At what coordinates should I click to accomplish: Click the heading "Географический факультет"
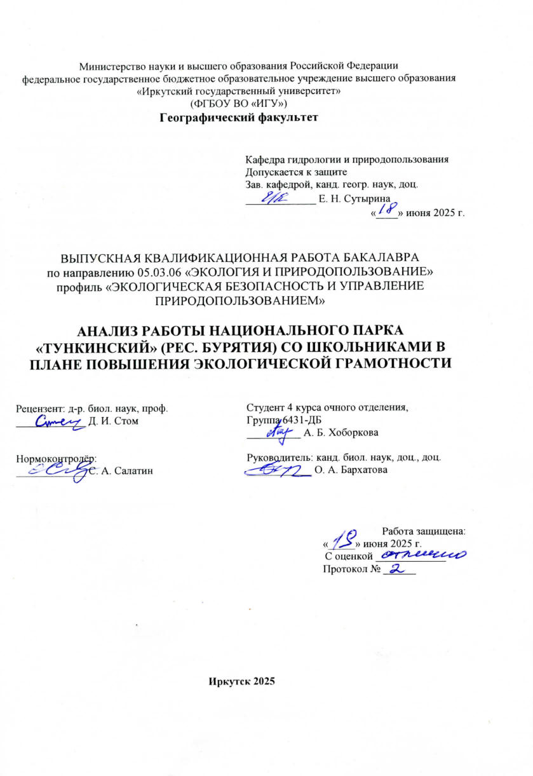[x=238, y=117]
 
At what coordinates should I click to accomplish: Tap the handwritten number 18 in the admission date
[x=386, y=208]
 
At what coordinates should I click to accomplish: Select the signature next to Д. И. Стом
[x=60, y=421]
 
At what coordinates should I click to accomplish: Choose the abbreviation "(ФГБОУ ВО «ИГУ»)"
[x=238, y=102]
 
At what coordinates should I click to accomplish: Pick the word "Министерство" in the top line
[x=107, y=66]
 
